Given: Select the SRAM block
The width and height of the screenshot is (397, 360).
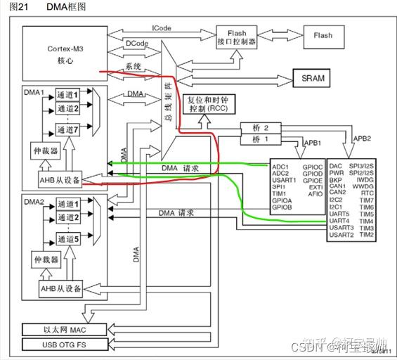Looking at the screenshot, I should pyautogui.click(x=312, y=78).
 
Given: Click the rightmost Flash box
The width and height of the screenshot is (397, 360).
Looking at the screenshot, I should pyautogui.click(x=323, y=35).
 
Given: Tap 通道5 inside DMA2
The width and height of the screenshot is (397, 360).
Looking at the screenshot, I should pyautogui.click(x=69, y=239).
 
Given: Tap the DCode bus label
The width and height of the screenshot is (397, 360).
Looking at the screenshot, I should pyautogui.click(x=136, y=44).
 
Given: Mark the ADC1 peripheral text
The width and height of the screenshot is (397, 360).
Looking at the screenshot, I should pyautogui.click(x=280, y=167).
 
